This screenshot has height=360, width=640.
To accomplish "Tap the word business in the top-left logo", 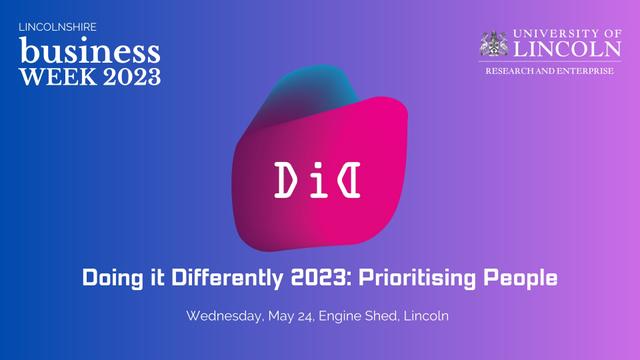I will point(89,50).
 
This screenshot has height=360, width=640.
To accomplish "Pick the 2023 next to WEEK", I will point(124,77).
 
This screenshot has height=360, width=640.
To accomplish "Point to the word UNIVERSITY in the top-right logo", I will point(556,34).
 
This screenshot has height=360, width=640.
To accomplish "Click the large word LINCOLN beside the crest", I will point(567,49).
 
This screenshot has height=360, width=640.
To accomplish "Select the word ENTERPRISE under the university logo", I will point(584,72).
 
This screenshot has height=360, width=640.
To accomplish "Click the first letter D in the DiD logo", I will point(284,178).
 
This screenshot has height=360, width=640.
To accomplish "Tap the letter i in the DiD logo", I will point(319,178).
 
